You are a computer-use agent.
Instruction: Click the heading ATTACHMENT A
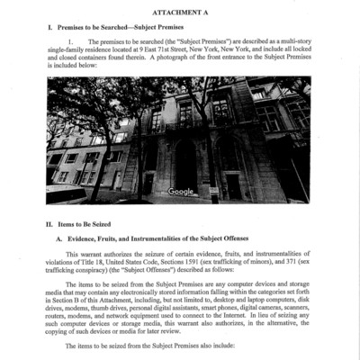coord(180,15)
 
